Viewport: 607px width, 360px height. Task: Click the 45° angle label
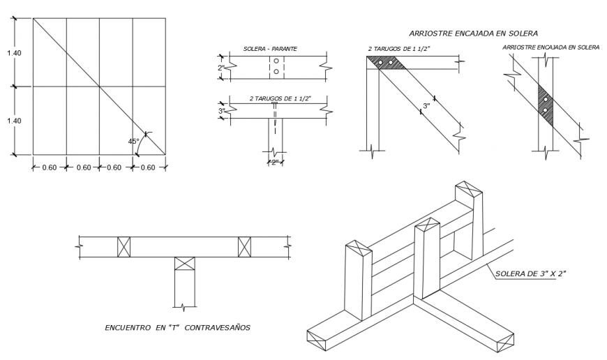[133, 141]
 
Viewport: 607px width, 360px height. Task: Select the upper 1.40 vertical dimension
[14, 52]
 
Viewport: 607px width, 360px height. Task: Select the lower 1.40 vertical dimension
[14, 121]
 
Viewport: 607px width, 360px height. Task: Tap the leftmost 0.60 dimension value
[49, 167]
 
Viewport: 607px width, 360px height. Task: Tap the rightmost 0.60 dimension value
[149, 167]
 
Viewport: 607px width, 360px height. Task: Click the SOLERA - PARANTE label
[270, 49]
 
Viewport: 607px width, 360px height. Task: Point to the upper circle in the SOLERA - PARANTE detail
[276, 61]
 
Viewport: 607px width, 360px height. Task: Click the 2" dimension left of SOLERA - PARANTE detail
[221, 68]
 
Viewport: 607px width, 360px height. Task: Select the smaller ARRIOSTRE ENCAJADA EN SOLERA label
[550, 47]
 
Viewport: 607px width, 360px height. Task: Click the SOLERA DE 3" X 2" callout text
[530, 273]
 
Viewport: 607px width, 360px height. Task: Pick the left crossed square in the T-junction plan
[123, 247]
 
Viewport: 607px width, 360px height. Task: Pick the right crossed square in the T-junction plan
[244, 247]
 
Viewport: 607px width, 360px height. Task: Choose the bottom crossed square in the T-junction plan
[183, 264]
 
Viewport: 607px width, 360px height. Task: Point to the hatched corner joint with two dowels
[386, 63]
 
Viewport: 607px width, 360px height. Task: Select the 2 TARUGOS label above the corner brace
[396, 50]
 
